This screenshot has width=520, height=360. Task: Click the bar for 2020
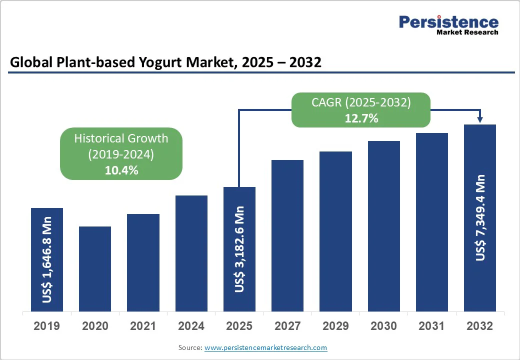coord(95,269)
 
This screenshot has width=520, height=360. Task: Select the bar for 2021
coord(143,262)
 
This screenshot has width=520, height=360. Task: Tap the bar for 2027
coord(287,235)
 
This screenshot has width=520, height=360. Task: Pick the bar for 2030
coord(384,226)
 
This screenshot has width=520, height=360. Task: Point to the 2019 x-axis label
coord(46,326)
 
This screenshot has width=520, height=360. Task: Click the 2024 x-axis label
coord(191,326)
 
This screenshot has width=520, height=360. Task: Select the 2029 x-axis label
coord(335,326)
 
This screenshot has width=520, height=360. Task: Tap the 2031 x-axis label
coord(432,326)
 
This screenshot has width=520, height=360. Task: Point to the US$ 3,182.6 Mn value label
coord(240,248)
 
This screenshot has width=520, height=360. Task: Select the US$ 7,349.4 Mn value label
coord(480,217)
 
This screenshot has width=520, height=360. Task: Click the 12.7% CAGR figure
coord(361,118)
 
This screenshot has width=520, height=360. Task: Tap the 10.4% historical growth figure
coord(121,170)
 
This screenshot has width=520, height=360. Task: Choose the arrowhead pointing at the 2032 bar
coord(480,119)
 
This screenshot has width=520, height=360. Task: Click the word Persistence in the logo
coord(448,22)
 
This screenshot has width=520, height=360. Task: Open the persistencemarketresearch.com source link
coord(265,347)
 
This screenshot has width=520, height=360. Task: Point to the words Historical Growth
coord(121,138)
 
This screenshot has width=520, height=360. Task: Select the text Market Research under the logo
coord(467,32)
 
